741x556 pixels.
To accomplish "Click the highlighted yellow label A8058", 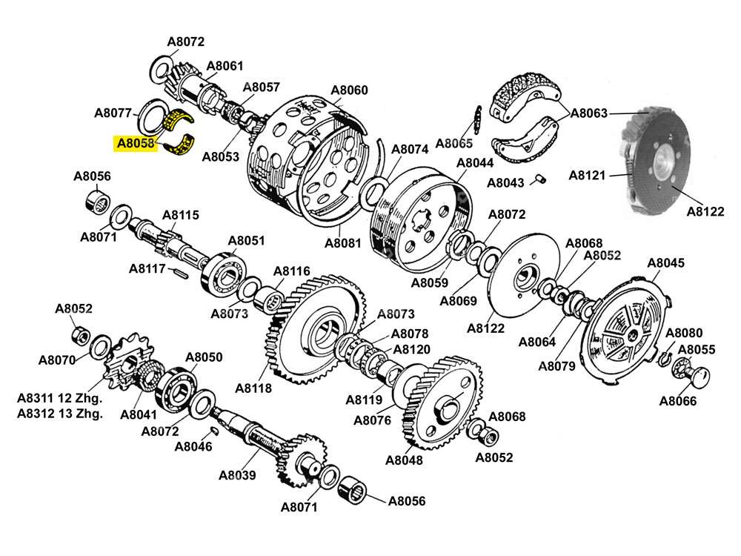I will [134, 142].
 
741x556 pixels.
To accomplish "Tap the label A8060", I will [348, 91].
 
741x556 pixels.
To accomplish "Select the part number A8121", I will [588, 176].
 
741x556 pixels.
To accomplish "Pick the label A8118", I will [253, 388].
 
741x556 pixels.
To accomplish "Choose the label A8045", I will [666, 262].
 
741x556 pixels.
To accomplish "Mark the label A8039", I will [237, 475].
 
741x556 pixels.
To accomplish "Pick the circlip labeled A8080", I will [665, 358].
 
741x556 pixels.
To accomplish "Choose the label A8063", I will [589, 113].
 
